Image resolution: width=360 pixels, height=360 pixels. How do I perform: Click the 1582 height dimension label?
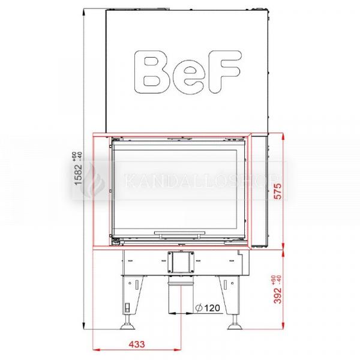point(78,175)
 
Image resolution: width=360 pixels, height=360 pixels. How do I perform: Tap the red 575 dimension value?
point(278,191)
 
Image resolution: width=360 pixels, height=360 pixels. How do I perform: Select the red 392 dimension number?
point(278,295)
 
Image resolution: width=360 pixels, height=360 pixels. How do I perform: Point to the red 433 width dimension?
point(137,344)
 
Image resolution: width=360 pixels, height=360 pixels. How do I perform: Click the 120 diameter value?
point(212,308)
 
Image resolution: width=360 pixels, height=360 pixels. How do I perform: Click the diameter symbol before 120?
point(199,308)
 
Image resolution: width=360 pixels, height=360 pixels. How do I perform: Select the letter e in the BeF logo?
point(188,77)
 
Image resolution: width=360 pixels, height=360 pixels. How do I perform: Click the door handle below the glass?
point(180,234)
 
